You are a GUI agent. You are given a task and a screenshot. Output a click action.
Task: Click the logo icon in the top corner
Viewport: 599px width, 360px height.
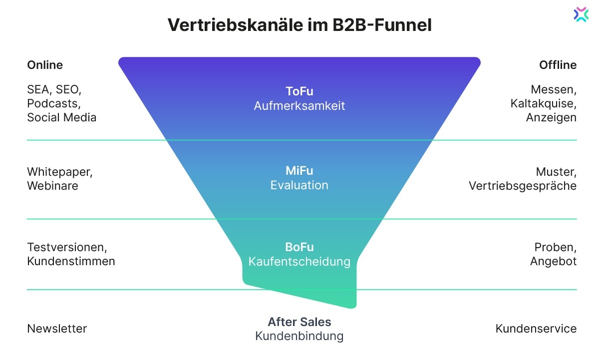tap(581, 14)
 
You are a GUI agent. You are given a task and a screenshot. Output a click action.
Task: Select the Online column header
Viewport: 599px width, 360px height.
tap(45, 65)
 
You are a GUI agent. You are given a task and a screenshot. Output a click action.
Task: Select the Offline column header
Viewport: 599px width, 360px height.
tap(558, 65)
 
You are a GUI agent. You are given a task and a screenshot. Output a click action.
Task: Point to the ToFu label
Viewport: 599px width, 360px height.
tap(299, 91)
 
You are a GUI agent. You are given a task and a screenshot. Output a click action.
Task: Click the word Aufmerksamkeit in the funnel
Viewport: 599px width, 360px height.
tap(299, 106)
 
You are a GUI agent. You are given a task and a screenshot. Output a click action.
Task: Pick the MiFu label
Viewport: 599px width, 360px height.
tap(299, 171)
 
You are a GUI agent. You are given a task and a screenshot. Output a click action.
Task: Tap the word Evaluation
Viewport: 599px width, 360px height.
tap(299, 185)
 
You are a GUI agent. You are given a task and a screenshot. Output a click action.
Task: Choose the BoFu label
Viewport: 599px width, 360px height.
tap(299, 247)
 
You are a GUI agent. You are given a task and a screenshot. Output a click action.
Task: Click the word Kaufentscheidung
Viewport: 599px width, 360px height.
tap(299, 261)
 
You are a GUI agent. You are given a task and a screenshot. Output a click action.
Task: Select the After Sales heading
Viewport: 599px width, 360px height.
tap(299, 322)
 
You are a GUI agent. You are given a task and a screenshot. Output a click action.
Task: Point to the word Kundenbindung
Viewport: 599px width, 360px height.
tap(299, 336)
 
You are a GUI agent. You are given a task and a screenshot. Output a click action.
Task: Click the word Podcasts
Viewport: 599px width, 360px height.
tap(53, 104)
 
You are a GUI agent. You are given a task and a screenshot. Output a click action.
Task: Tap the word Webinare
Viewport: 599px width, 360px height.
tap(52, 186)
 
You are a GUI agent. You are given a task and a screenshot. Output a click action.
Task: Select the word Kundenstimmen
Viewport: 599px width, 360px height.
tap(71, 261)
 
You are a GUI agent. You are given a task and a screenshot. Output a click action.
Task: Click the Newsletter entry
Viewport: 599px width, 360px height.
tap(57, 329)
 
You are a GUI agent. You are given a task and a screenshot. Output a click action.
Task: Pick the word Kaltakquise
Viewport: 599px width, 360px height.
tap(543, 104)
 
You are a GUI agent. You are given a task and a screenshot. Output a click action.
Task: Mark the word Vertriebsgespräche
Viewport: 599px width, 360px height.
tap(523, 186)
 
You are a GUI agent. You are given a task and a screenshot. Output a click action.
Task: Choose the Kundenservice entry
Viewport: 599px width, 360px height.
tap(536, 329)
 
